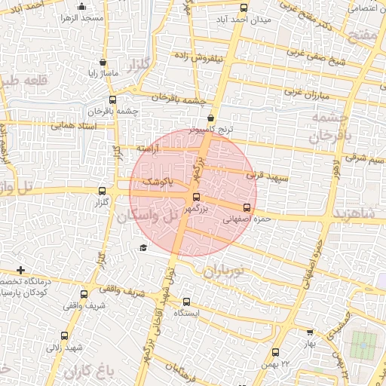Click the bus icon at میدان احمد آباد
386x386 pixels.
243,8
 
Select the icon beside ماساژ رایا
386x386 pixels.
103,63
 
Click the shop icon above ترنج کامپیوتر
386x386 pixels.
210,118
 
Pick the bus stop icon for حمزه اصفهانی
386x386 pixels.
247,207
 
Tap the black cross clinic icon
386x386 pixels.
20,270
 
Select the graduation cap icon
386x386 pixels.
142,248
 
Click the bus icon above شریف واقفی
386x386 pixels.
83,295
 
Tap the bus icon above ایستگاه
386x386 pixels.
186,302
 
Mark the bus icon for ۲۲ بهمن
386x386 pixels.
275,352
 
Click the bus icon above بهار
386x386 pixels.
310,332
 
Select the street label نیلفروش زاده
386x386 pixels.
197,56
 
